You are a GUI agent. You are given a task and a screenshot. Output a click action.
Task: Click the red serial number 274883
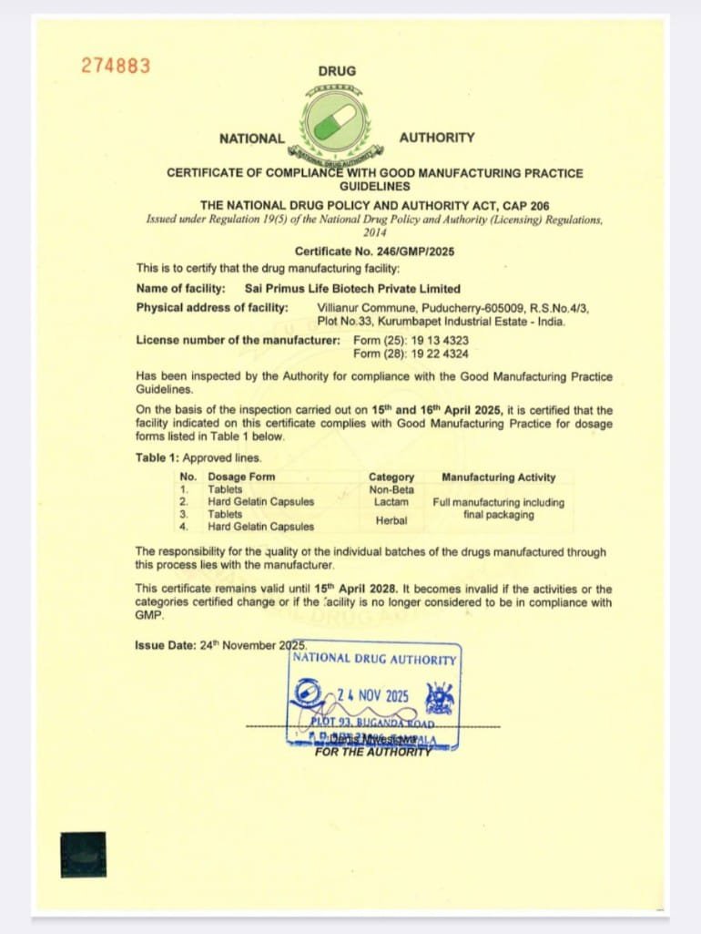(x=116, y=66)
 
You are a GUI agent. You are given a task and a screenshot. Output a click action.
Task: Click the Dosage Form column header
(x=241, y=477)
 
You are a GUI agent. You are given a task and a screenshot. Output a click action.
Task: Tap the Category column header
(x=391, y=477)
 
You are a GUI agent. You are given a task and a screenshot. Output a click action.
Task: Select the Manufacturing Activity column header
(x=498, y=477)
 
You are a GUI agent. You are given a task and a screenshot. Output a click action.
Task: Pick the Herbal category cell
(x=391, y=520)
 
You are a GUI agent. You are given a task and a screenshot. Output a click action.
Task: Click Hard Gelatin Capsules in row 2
(x=260, y=501)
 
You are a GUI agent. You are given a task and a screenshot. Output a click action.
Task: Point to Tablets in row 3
(x=225, y=514)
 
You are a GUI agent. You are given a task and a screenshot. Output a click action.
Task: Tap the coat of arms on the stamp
(x=441, y=699)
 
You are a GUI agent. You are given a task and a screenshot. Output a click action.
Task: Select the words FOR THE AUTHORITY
(x=372, y=752)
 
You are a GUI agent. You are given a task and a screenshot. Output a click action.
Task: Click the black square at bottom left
(x=83, y=855)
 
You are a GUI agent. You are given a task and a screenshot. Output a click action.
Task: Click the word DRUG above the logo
(x=337, y=71)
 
